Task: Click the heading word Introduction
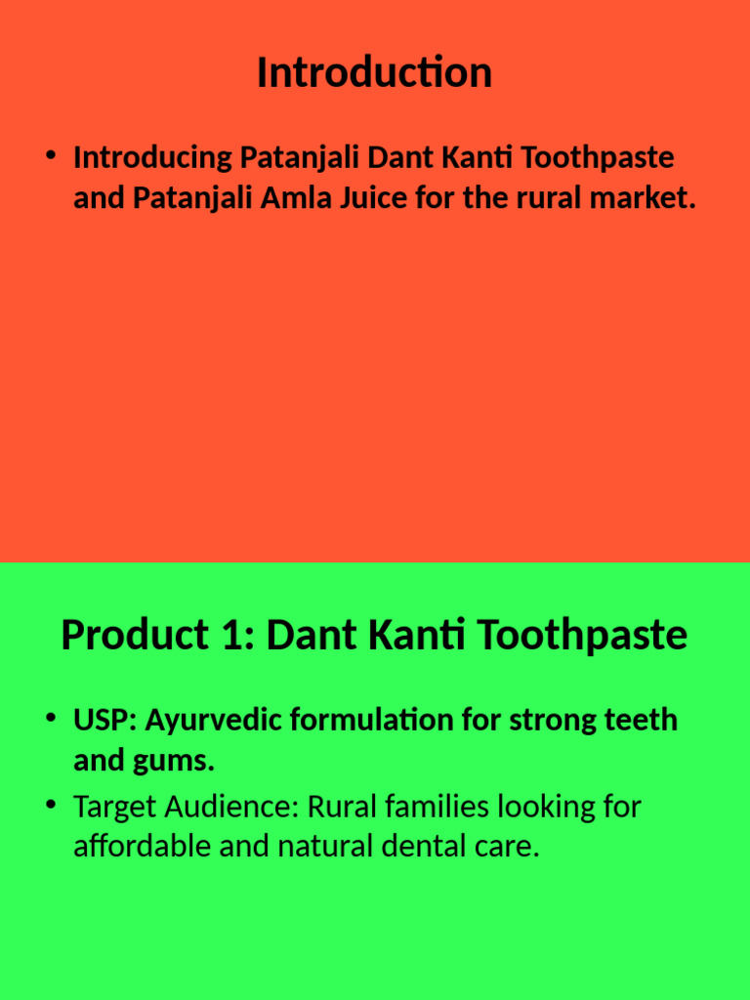(x=374, y=73)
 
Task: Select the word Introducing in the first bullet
(x=152, y=157)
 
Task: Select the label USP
(x=104, y=721)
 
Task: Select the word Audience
(x=231, y=808)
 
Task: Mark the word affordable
(x=142, y=847)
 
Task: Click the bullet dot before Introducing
(x=51, y=157)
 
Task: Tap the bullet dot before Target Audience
(x=51, y=807)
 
